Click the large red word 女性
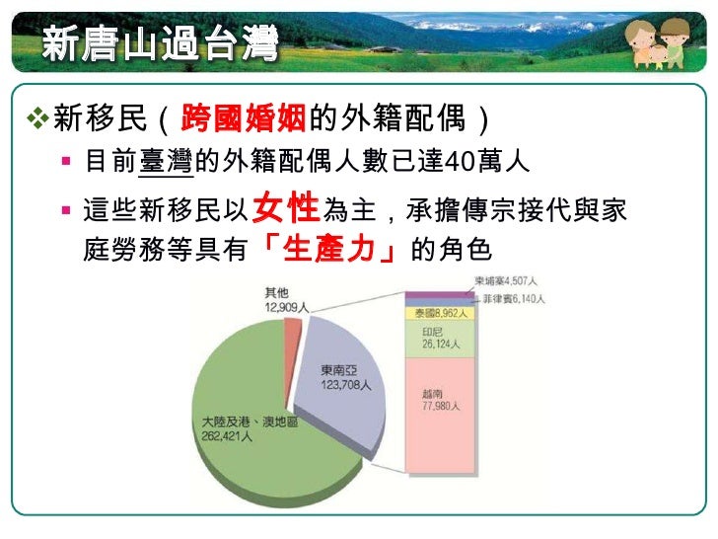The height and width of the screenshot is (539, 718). point(286,208)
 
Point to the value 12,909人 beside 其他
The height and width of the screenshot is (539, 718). point(286,307)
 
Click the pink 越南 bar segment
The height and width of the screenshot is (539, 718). point(439,415)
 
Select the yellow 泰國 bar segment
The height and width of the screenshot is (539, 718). point(439,313)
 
